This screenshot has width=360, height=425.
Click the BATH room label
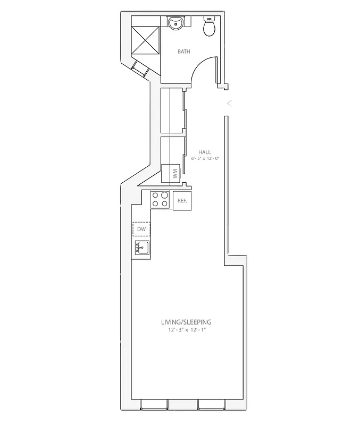184,52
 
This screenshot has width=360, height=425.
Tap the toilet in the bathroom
209,27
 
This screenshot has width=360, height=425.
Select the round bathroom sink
176,23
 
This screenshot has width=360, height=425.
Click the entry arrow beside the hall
229,103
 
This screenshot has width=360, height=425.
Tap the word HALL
204,152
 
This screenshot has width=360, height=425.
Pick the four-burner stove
160,199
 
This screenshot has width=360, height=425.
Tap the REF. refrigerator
182,201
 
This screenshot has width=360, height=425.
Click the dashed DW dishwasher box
141,229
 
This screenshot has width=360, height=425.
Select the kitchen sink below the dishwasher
141,247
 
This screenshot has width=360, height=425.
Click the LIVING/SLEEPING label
186,322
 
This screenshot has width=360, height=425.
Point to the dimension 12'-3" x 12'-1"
186,330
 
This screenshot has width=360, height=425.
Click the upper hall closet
172,110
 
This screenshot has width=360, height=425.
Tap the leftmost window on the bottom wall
154,405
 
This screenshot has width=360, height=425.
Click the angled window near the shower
140,69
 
